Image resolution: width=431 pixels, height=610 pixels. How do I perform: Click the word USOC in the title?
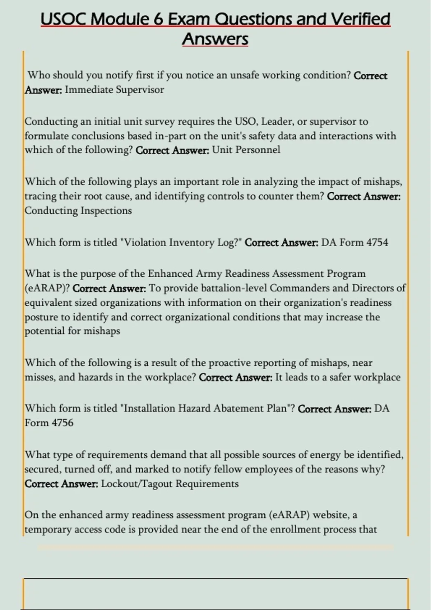click(64, 19)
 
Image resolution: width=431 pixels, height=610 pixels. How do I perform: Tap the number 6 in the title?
click(158, 19)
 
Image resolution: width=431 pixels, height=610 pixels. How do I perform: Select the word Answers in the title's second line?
click(215, 39)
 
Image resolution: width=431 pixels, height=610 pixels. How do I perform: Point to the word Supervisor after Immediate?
click(140, 90)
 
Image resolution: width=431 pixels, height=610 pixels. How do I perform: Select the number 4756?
click(62, 423)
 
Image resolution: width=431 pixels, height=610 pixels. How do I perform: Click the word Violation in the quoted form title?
click(143, 243)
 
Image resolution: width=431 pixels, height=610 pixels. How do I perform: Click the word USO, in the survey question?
click(246, 122)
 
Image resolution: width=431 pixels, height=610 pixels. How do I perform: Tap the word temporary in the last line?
click(48, 530)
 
